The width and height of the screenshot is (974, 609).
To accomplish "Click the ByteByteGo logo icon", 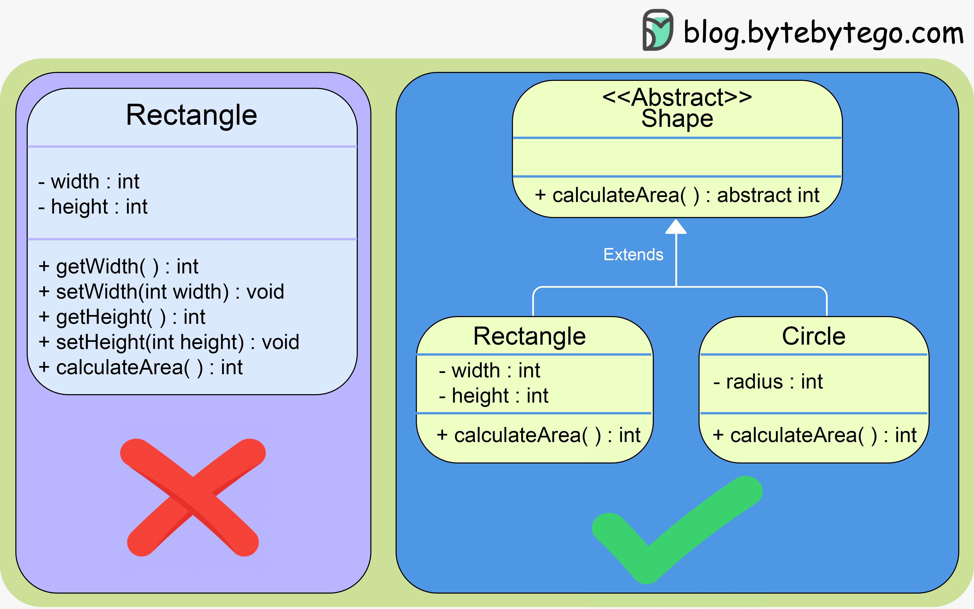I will point(658,30).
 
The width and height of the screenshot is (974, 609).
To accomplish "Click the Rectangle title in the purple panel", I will point(192,115).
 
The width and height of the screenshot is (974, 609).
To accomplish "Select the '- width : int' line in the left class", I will point(89,182).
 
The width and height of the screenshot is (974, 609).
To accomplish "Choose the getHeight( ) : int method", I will point(122,317).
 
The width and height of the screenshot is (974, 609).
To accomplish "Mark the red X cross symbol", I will point(193,497).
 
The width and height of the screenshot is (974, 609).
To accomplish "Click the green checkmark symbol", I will point(676,530).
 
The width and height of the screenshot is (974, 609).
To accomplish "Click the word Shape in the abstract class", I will point(677,119).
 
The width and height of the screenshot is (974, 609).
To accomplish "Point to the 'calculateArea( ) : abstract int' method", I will point(677,195).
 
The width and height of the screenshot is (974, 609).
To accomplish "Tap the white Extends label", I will point(633,255).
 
